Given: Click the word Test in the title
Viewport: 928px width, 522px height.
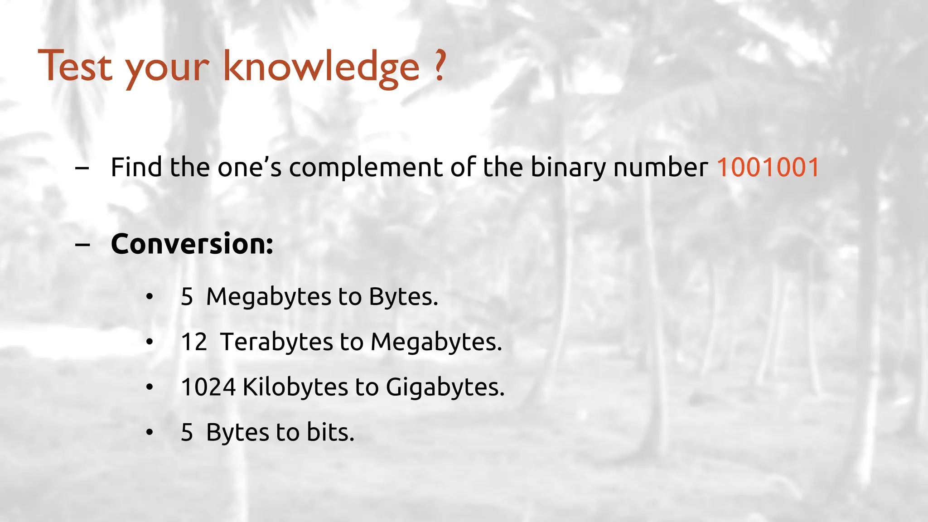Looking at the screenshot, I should coord(75,67).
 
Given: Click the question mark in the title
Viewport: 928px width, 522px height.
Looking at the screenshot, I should coord(439,66).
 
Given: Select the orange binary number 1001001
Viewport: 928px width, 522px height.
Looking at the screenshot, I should coord(768,167).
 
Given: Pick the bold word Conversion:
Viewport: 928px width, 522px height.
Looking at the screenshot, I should coord(192,244).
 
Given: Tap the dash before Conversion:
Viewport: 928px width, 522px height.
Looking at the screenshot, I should coord(82,245).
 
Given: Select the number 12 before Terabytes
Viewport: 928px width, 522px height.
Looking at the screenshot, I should coord(194,342).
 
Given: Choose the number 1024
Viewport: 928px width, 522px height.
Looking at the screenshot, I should coord(208,387).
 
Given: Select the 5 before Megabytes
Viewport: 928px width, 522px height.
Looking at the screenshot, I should coord(187,297).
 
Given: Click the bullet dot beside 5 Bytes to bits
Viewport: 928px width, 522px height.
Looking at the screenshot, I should coord(150,432).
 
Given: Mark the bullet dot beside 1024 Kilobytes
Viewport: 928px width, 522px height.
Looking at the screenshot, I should coord(150,387).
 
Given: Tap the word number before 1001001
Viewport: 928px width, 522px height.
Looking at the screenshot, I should coord(660,167).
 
